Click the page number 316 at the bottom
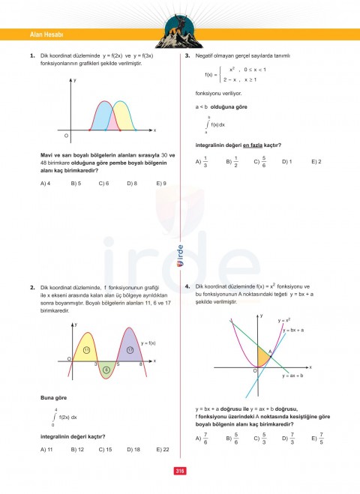(180, 471)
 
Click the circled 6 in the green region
(106, 370)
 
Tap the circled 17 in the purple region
(129, 349)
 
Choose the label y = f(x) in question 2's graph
(148, 343)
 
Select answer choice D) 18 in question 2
(132, 449)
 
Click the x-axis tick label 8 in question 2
(141, 364)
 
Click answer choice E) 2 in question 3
(316, 161)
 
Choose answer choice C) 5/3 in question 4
(258, 439)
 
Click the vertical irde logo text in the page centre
(180, 257)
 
